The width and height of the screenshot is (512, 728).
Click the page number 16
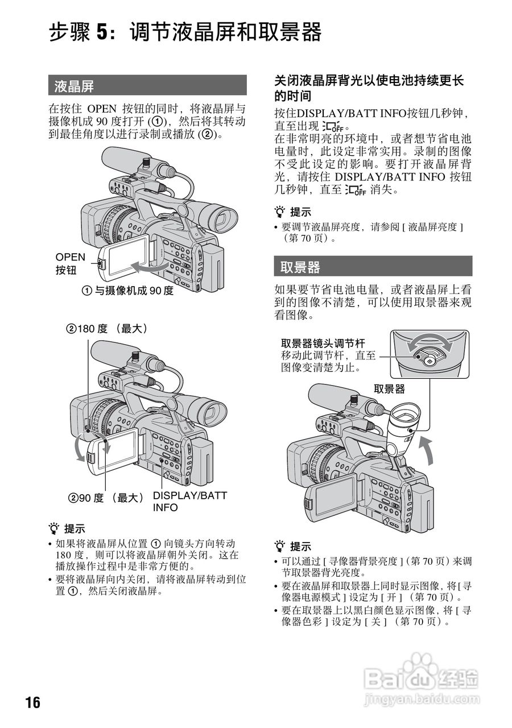click(x=33, y=702)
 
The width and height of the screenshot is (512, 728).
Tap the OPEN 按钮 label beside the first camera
click(x=70, y=263)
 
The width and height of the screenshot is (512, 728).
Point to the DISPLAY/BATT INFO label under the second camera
click(x=189, y=501)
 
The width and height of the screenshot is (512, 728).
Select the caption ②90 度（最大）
click(x=106, y=498)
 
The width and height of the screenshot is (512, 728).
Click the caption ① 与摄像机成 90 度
click(x=127, y=291)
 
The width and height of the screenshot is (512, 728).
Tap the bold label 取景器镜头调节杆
click(x=323, y=343)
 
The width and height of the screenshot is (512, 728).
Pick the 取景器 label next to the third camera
click(x=389, y=389)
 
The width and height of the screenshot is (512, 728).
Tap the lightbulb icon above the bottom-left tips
click(x=55, y=528)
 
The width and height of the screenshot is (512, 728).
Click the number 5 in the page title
click(x=101, y=32)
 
